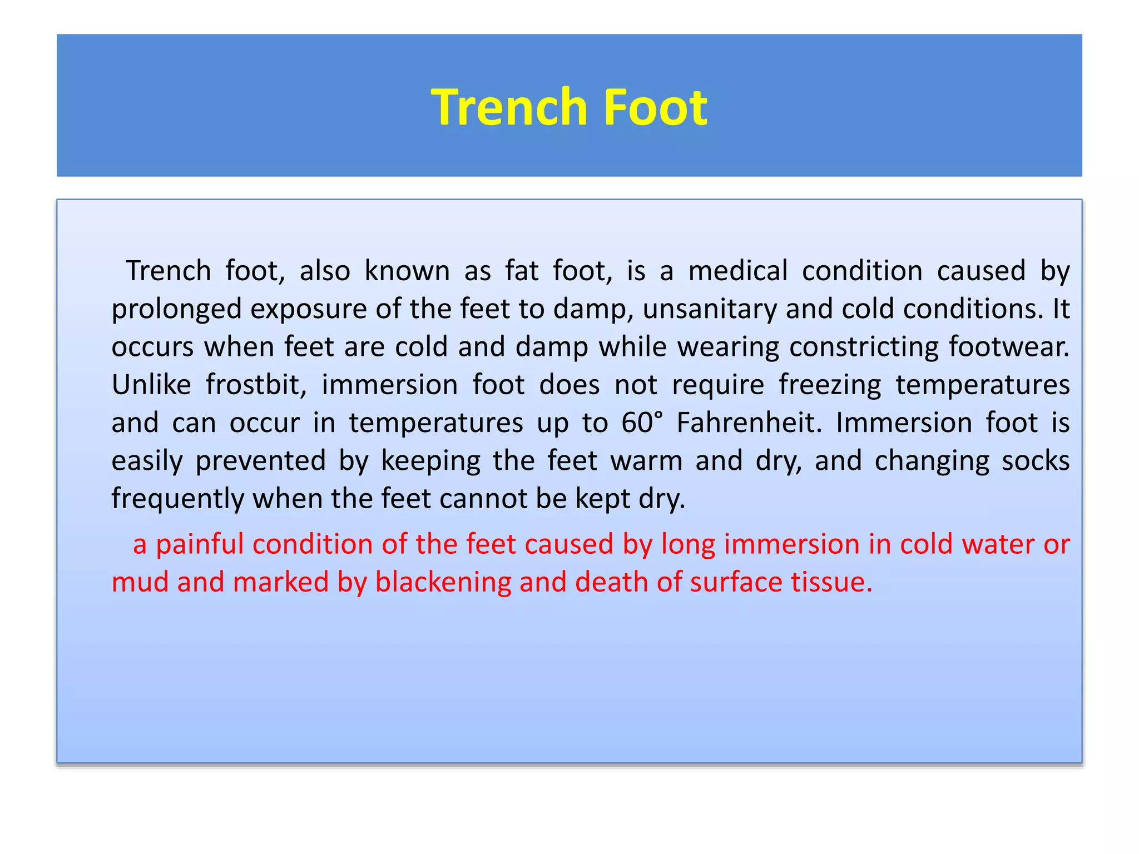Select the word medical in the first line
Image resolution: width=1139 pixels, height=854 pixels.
point(738,271)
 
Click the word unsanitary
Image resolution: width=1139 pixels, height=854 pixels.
point(710,309)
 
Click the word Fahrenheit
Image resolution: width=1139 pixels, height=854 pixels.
point(749,423)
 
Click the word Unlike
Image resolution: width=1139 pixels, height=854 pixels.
point(151,385)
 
